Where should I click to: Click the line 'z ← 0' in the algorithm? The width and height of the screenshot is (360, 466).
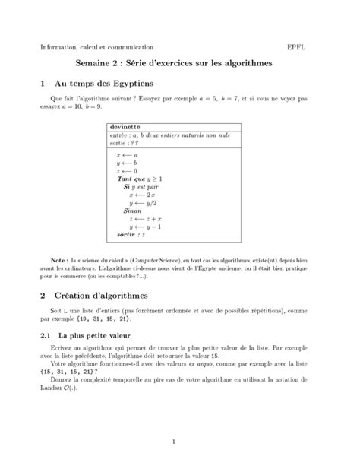pyautogui.click(x=127, y=171)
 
